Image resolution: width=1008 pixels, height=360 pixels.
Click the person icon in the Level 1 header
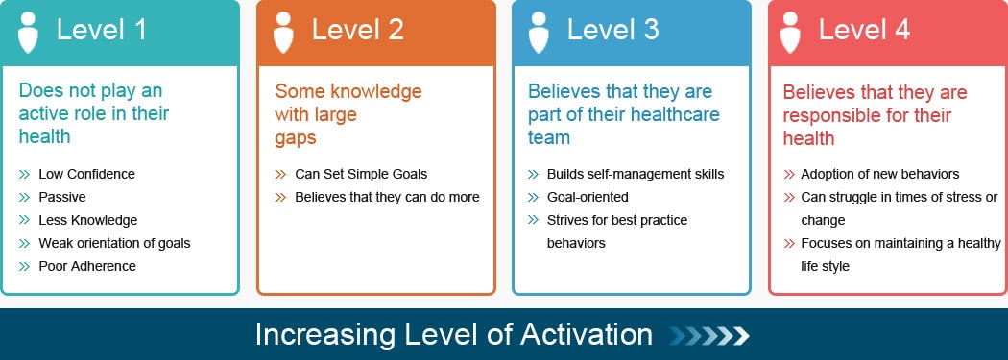(x=29, y=32)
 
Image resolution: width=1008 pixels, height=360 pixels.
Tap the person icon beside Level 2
(x=283, y=32)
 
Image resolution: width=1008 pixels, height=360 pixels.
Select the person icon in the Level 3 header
(x=539, y=32)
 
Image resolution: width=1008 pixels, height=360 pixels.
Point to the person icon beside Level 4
(x=791, y=32)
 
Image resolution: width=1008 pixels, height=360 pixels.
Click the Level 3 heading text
(x=612, y=30)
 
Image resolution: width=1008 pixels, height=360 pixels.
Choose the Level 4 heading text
(x=864, y=30)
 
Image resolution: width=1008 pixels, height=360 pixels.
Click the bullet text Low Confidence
(x=86, y=174)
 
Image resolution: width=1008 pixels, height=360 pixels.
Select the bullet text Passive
(x=61, y=197)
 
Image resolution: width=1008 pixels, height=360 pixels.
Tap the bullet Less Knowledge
(x=87, y=220)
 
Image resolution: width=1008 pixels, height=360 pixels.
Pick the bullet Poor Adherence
(x=86, y=266)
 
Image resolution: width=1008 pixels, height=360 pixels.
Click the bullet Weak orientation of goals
(x=114, y=243)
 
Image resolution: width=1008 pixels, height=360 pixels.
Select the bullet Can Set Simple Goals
(x=361, y=174)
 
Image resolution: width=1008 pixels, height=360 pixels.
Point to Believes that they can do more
(x=387, y=197)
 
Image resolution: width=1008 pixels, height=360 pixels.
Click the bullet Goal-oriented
(x=588, y=197)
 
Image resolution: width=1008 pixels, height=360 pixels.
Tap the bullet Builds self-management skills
(x=636, y=174)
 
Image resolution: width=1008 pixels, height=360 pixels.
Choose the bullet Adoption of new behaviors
(x=880, y=174)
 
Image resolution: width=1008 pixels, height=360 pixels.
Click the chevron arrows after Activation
(x=709, y=335)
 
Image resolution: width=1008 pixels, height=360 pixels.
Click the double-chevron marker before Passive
(x=25, y=197)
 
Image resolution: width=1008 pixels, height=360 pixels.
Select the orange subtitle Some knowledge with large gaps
(x=348, y=114)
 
